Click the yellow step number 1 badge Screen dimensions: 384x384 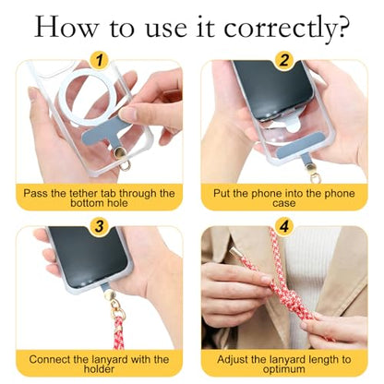pyautogui.click(x=99, y=60)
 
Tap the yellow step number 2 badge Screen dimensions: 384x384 pyautogui.click(x=284, y=60)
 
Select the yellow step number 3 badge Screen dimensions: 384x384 pyautogui.click(x=99, y=226)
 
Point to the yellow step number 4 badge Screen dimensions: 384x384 pyautogui.click(x=284, y=226)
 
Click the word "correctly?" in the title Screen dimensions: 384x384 pyautogui.click(x=286, y=29)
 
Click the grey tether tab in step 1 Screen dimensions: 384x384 pyautogui.click(x=103, y=136)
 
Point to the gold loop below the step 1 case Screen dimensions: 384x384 pyautogui.click(x=125, y=166)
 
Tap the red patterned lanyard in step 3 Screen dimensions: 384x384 pyautogui.click(x=118, y=333)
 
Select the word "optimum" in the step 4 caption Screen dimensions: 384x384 pyautogui.click(x=284, y=369)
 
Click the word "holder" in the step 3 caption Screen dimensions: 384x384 pyautogui.click(x=99, y=368)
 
